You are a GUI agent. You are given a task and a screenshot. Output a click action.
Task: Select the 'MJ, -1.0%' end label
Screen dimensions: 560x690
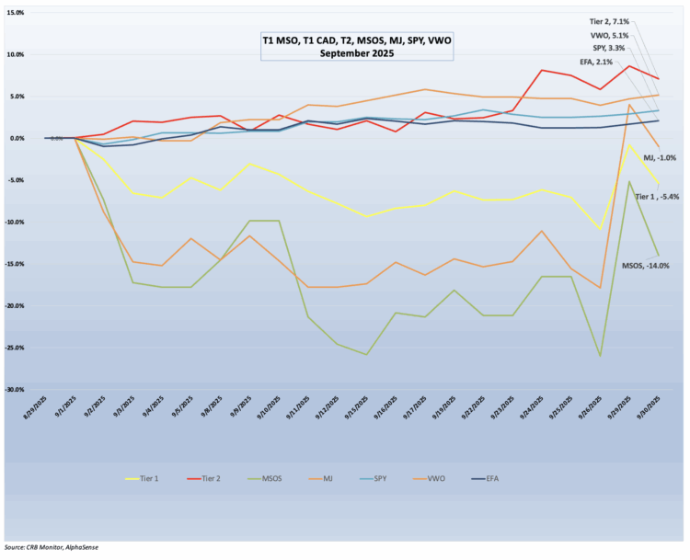[x=658, y=157]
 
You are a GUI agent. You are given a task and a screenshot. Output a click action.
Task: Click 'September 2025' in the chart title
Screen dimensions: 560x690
[x=357, y=53]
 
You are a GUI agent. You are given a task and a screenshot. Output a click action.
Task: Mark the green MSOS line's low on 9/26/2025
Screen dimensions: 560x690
[x=601, y=356]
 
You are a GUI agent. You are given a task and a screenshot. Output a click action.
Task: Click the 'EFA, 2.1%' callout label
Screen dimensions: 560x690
[x=617, y=62]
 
